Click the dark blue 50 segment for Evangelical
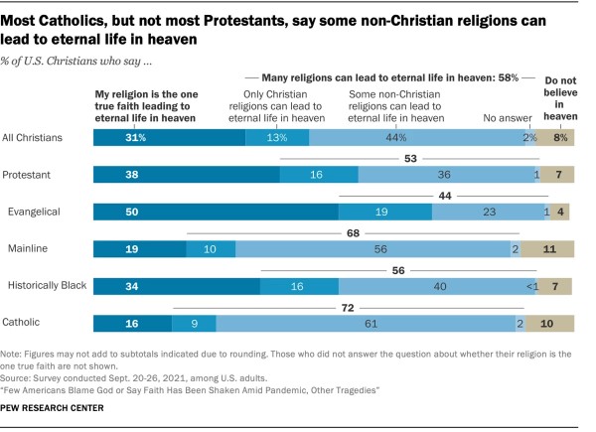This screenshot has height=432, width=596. click(215, 212)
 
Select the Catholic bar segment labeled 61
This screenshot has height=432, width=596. click(368, 323)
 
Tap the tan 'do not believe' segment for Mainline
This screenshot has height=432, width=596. click(547, 249)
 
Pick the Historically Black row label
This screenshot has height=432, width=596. click(46, 286)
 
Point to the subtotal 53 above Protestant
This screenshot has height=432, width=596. click(409, 159)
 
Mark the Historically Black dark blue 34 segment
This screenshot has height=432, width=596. click(176, 286)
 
